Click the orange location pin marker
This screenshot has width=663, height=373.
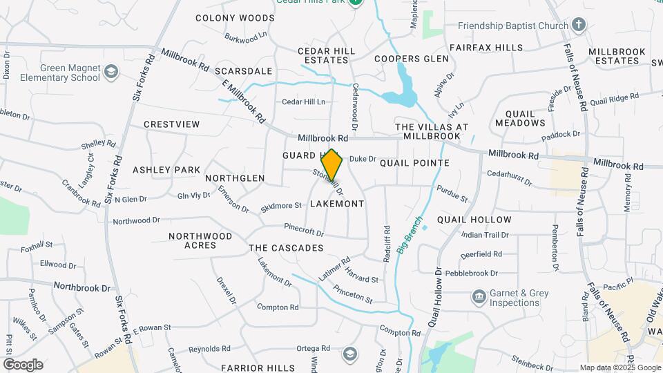(332, 164)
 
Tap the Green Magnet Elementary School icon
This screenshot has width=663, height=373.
(110, 72)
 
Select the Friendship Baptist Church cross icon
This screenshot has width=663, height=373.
(579, 26)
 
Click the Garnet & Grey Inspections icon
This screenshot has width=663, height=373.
(479, 298)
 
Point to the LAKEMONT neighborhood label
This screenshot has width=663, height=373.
(337, 204)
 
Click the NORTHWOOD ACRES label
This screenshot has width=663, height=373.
(200, 240)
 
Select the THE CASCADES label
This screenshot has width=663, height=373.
(286, 248)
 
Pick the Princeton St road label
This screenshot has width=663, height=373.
(353, 295)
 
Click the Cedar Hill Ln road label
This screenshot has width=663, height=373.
(303, 102)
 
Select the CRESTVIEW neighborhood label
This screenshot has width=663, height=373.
(172, 124)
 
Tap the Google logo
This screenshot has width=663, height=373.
(22, 365)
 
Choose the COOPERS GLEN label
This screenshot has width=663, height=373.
(412, 59)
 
